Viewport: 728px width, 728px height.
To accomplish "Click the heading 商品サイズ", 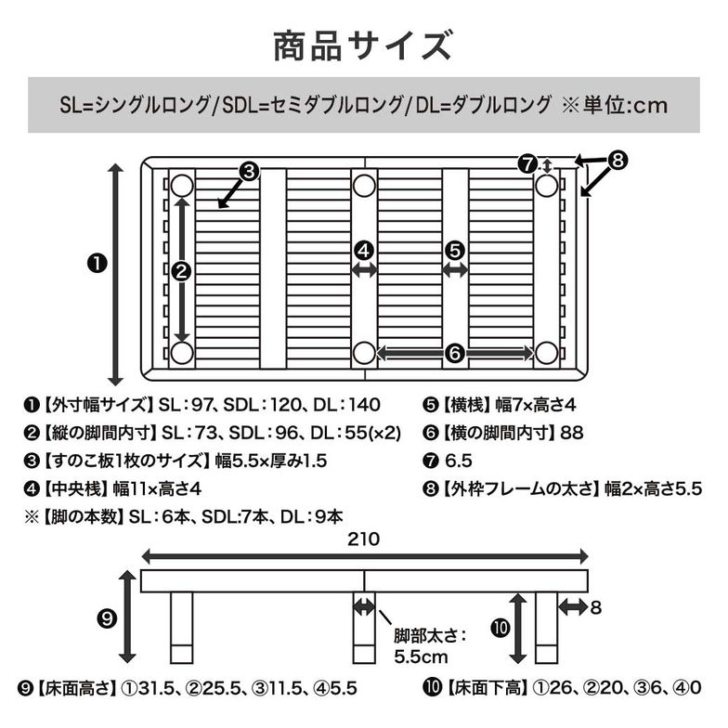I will [363, 44].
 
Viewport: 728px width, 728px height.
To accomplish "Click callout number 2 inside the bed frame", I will [182, 271].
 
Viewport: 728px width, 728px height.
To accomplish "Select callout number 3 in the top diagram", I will [248, 171].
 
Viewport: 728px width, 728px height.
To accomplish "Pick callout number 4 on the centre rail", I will [364, 249].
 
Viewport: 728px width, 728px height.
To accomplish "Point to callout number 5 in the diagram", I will [454, 249].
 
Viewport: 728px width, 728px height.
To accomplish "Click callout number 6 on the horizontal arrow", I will [454, 353].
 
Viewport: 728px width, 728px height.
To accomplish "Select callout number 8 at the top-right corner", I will [617, 160].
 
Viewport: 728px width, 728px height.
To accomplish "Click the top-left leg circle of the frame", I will [182, 185].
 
